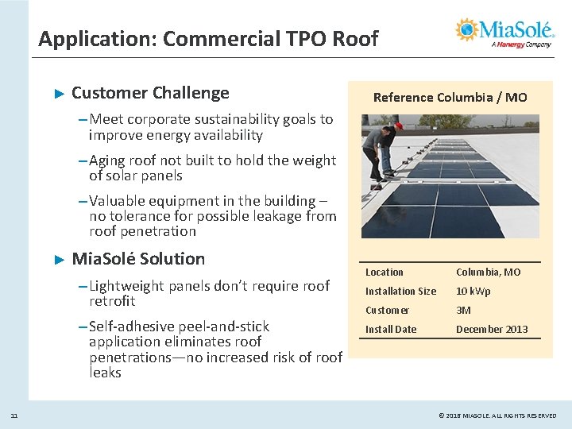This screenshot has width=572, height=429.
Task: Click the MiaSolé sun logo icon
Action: tap(468, 29)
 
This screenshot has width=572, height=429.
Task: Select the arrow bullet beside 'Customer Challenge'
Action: tap(57, 94)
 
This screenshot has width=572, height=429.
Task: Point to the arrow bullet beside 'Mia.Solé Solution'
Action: tap(57, 260)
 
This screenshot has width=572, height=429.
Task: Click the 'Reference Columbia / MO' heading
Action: tap(450, 98)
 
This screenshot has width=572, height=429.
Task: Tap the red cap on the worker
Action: tap(399, 125)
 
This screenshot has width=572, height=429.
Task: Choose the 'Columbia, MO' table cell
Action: tap(488, 272)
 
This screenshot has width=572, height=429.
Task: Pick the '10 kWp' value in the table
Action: tap(473, 292)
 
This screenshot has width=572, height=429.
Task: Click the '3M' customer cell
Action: tap(463, 311)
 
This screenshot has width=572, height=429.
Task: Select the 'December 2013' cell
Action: tap(491, 330)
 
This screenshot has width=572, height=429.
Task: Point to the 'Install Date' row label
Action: tap(390, 330)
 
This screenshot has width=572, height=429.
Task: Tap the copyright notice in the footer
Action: tap(497, 415)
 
